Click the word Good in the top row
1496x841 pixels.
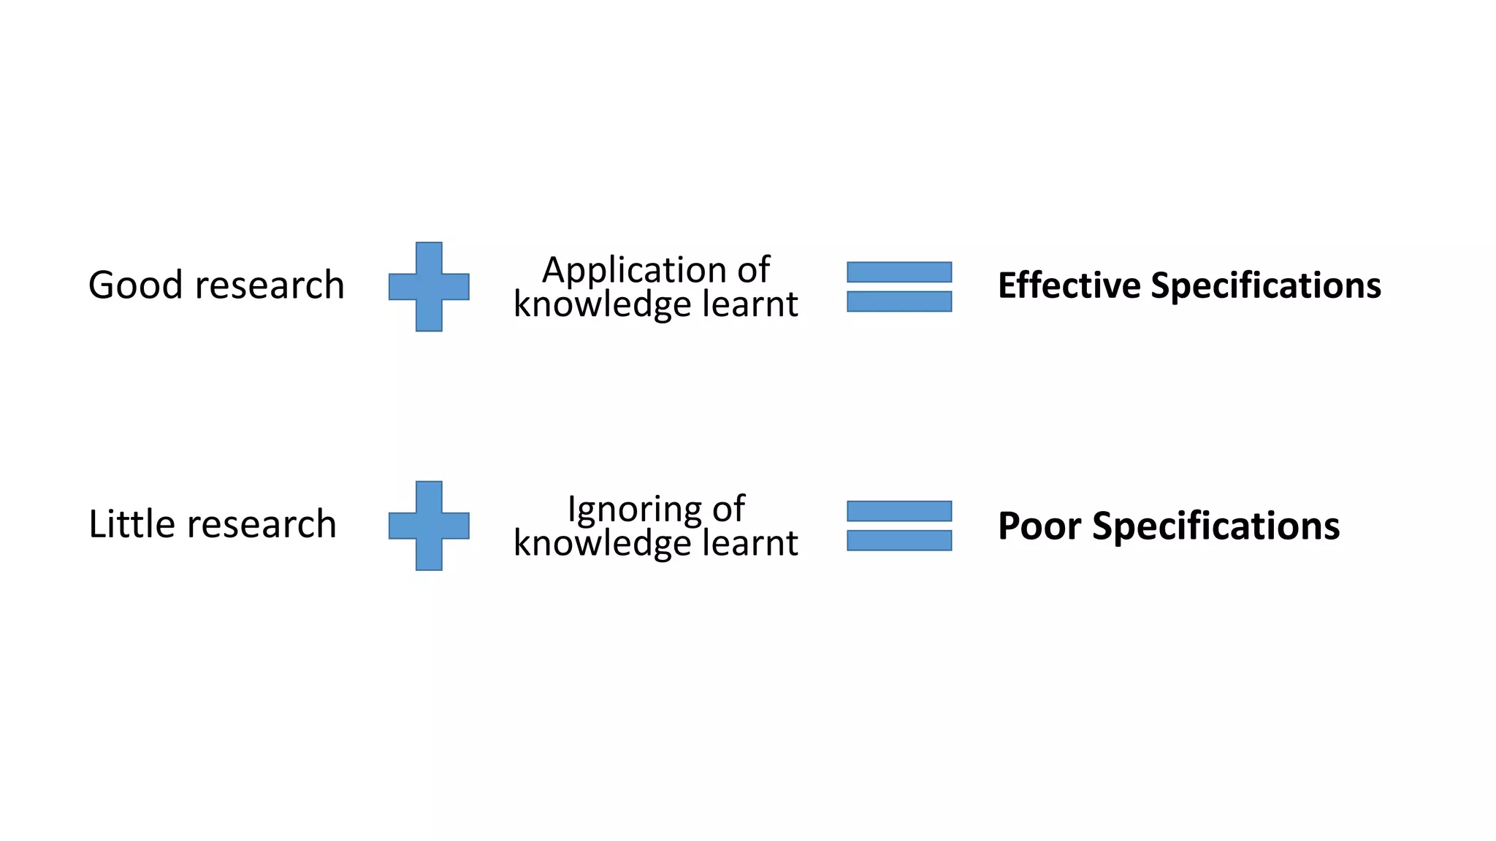136,285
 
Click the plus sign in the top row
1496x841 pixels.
429,287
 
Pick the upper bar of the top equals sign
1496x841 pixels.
899,272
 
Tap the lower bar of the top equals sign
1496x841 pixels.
899,302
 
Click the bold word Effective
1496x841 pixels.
1069,285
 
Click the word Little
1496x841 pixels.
132,524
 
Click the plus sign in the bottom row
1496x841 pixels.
429,526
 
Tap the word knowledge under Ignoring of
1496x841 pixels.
602,542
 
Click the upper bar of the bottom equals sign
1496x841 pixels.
899,511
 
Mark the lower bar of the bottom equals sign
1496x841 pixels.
899,540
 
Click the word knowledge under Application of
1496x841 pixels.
602,304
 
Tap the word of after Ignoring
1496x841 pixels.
728,509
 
